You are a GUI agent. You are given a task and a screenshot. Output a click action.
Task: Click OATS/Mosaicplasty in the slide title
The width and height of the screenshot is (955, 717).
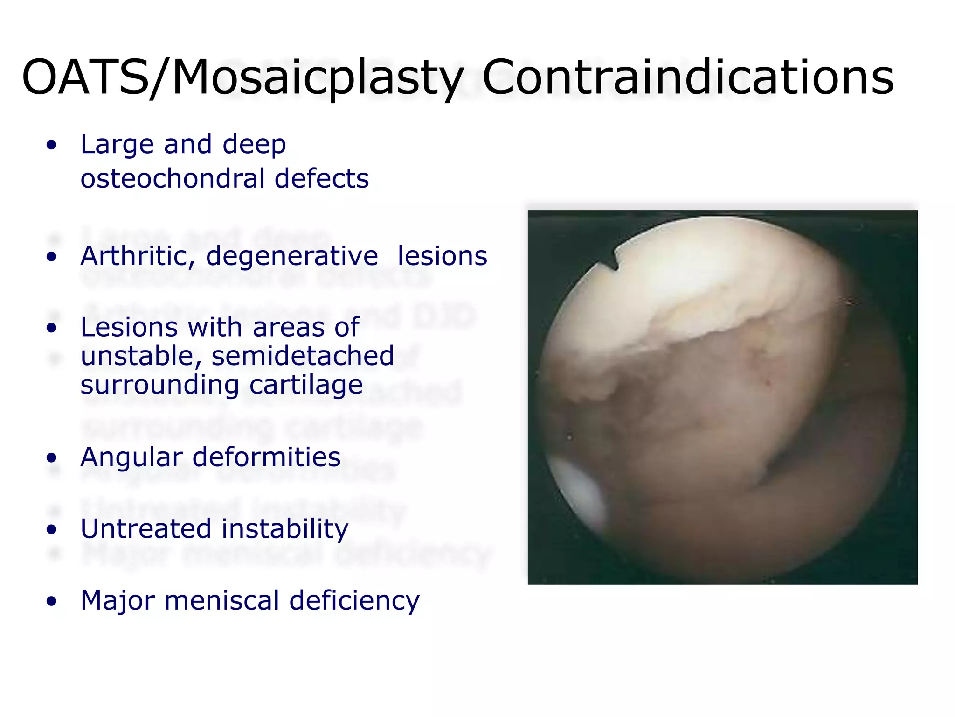(242, 78)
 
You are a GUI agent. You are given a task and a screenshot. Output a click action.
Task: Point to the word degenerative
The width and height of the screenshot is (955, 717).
(292, 257)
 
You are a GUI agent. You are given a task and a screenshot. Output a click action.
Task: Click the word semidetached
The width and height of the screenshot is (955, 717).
(303, 357)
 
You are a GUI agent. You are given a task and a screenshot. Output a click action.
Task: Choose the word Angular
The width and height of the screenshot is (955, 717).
(132, 458)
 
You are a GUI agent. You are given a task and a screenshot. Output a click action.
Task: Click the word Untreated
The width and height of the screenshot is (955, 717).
(146, 529)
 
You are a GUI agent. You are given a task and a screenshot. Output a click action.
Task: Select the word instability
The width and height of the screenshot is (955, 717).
(285, 529)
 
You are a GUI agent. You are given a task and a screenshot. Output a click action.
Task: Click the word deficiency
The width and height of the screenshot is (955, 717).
(354, 601)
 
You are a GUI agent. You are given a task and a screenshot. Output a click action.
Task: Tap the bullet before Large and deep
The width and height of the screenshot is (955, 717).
(52, 145)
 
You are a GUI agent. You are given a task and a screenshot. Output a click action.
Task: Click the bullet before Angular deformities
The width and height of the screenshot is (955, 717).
(52, 458)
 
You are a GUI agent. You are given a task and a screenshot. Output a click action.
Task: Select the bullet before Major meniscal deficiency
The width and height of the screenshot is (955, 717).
(52, 601)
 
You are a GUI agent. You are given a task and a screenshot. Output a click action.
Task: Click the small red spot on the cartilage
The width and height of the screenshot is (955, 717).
(768, 383)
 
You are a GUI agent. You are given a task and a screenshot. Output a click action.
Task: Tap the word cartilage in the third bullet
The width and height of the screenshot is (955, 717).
(306, 385)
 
